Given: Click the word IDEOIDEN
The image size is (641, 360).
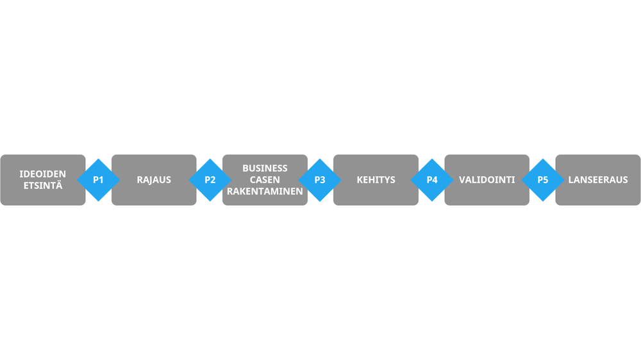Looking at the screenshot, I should pos(42,174).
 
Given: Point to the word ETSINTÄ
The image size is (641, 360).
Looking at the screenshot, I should pos(42,186).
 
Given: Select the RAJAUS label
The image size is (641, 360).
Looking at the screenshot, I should pos(154,180).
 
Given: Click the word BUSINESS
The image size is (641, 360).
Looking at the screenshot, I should pos(265,168).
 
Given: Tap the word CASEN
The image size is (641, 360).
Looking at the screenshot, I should pos(265,180).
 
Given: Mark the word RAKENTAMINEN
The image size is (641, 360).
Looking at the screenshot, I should pos(265,192).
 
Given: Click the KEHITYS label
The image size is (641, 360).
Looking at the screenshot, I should pos(376,180).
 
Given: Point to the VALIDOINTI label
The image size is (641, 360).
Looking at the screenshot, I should pos(487,180).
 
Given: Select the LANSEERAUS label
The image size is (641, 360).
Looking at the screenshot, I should pos(598,180).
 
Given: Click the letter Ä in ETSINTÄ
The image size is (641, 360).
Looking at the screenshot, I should pos(59,186).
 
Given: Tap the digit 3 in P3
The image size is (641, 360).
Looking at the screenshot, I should pos(323,180).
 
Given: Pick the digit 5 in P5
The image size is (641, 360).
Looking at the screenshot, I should pos(545,180).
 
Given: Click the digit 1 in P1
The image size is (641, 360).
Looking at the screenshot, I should pos(101,180).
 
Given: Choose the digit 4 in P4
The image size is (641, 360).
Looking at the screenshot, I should pos(435,180).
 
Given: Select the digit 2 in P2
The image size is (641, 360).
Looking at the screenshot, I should pos(213,180).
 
